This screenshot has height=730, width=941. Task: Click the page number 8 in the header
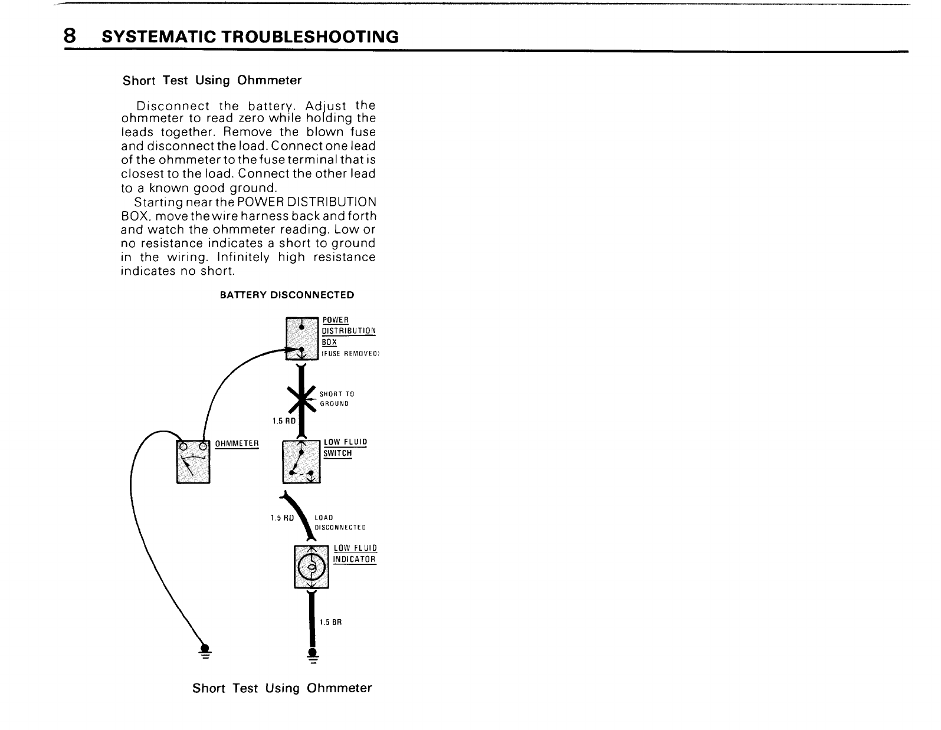click(x=70, y=37)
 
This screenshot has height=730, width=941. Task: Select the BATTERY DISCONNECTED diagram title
click(x=287, y=295)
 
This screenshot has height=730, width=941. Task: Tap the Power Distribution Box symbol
click(x=302, y=338)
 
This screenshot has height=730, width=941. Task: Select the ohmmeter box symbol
click(x=194, y=460)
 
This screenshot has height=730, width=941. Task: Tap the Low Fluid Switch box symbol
click(x=301, y=461)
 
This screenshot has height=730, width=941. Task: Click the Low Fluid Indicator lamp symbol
click(x=312, y=567)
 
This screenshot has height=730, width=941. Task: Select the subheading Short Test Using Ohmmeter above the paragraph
click(x=212, y=80)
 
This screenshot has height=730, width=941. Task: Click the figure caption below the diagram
click(x=282, y=688)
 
